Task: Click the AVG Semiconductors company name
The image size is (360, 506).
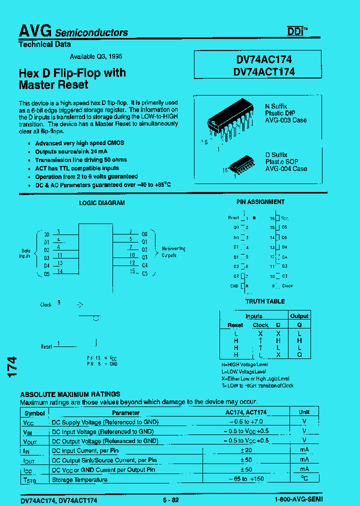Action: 73,31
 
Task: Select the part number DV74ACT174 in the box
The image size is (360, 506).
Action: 264,71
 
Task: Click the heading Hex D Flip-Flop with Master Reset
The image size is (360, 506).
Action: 72,78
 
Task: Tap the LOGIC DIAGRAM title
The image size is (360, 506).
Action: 102,203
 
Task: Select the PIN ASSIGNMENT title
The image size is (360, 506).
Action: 260,202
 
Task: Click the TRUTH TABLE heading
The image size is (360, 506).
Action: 265,301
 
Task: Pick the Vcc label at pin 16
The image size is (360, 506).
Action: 284,218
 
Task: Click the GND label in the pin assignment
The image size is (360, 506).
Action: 234,286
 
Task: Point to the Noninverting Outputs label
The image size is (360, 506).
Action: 173,252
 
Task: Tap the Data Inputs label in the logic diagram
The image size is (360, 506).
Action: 25,253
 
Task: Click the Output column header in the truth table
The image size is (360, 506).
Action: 299,316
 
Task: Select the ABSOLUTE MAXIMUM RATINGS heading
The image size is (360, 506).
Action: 70,394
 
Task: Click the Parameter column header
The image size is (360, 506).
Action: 125,413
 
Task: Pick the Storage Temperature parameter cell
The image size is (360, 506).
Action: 80,479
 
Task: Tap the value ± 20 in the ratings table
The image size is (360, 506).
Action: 245,450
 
